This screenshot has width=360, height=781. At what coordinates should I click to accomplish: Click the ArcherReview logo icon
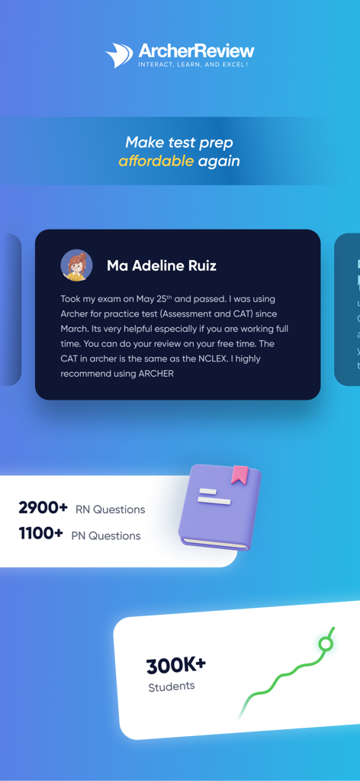click(120, 55)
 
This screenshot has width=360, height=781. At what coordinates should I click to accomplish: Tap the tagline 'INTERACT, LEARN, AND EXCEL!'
click(193, 65)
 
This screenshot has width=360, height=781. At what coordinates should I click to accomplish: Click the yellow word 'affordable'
click(156, 161)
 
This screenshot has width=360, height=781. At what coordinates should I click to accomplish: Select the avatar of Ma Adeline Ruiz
click(76, 265)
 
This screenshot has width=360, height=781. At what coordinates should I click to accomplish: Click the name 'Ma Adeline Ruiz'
click(162, 265)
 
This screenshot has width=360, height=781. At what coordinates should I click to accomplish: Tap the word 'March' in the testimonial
click(77, 329)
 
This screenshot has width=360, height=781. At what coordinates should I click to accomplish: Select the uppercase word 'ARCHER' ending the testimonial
click(156, 374)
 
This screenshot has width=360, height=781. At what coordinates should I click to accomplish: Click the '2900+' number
click(43, 508)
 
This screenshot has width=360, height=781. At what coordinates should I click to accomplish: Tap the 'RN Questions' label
click(110, 509)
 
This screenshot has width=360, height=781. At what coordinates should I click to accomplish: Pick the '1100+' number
click(41, 534)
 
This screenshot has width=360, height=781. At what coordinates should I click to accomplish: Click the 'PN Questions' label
click(106, 535)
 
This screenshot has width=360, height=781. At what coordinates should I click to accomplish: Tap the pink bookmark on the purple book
click(240, 474)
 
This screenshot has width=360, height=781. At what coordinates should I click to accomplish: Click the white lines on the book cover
click(208, 497)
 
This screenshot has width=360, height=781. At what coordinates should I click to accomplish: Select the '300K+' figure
click(176, 666)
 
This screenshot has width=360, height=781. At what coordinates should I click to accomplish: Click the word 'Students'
click(172, 686)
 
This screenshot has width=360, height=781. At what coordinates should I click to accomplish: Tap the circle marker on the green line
click(326, 644)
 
